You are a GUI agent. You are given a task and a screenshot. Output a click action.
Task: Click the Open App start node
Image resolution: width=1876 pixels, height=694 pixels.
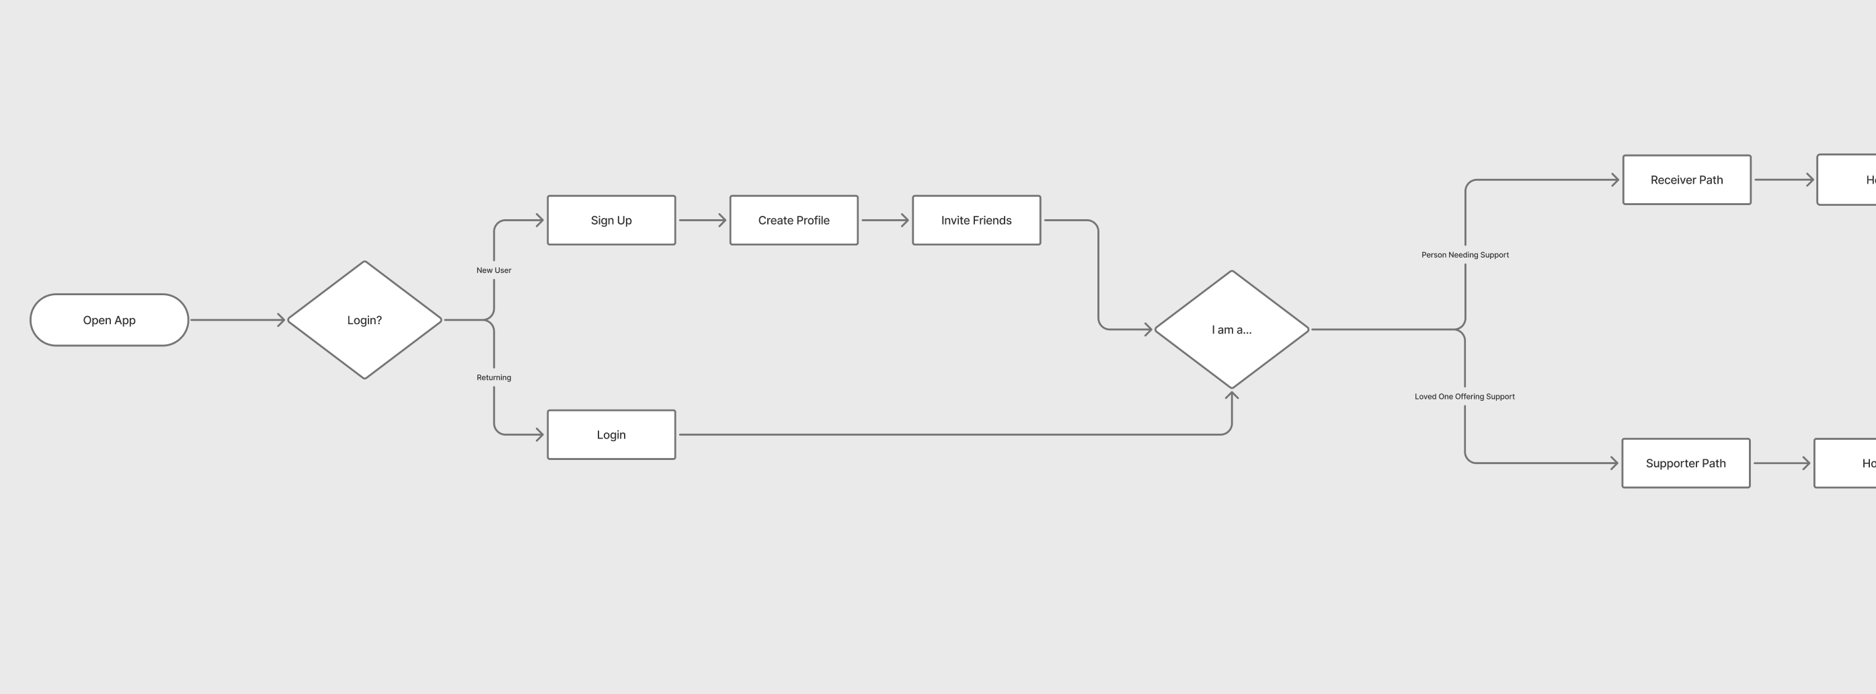coord(109,319)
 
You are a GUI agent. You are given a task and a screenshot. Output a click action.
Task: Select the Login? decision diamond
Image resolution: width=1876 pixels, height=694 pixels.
coord(364,319)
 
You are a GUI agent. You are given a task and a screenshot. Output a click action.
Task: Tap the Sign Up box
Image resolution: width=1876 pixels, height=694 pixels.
coord(611,220)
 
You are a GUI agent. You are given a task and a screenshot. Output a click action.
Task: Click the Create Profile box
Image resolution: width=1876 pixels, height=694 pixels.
coord(794,220)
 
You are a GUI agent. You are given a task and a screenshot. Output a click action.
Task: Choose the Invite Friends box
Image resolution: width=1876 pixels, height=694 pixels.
coord(976,220)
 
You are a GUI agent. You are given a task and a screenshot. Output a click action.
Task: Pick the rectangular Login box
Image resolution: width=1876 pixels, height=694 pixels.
coord(611,434)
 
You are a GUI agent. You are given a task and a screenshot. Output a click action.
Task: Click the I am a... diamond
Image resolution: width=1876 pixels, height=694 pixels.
coord(1231,329)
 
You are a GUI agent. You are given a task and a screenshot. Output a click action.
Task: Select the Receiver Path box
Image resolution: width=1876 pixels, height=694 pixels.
coord(1686,180)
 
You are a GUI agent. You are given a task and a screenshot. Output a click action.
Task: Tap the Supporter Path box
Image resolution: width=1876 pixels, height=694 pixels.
coord(1685,463)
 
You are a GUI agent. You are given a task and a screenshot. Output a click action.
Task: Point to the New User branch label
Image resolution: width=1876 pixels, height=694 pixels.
coord(494,270)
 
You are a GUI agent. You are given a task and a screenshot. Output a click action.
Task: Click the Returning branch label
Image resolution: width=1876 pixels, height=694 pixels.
coord(494,377)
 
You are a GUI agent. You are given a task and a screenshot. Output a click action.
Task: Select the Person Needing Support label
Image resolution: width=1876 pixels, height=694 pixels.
coord(1464,255)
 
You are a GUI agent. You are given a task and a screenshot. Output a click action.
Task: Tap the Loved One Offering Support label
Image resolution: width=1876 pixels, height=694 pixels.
coord(1464,396)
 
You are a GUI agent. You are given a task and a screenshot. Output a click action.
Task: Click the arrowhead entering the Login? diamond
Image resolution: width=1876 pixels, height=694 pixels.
coord(280,319)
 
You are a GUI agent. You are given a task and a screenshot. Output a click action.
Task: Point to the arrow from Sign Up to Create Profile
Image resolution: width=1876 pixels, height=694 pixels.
coord(702,220)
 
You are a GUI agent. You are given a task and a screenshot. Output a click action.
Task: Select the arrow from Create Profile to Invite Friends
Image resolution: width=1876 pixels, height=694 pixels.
coord(885,220)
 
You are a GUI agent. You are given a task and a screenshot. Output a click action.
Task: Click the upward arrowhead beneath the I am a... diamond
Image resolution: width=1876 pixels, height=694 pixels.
coord(1231,396)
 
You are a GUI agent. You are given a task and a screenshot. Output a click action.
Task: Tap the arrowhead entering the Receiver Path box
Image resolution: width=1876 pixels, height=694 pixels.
coord(1614,180)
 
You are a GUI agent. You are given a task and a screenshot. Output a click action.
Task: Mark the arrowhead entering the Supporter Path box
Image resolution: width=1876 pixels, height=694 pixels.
coord(1613,463)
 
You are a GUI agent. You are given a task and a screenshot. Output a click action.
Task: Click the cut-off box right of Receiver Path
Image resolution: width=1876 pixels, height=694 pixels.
coord(1847,180)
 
